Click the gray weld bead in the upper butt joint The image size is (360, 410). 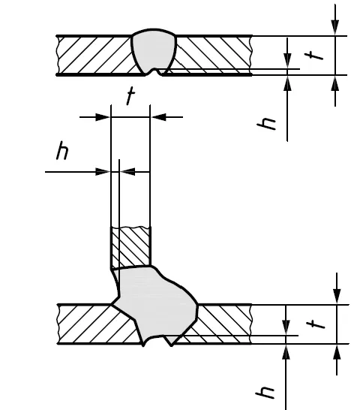coord(154,50)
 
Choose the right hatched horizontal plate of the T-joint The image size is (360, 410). coord(220,324)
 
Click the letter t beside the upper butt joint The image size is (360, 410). coord(314,56)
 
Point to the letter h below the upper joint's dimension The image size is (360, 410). coord(266,123)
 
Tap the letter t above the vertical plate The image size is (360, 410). coord(130,95)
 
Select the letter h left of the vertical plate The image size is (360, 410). coord(62,150)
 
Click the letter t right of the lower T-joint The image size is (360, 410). coord(316,324)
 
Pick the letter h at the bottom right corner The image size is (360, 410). coord(265,393)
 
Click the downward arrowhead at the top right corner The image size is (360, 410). coord(335,27)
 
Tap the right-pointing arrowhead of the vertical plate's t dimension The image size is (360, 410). coord(103,117)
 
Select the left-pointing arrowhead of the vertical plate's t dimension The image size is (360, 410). coord(158,117)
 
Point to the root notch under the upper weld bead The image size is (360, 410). coord(154,72)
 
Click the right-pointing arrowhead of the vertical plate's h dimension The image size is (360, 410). coord(103,172)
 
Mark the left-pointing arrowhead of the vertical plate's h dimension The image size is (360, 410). coord(127,172)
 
